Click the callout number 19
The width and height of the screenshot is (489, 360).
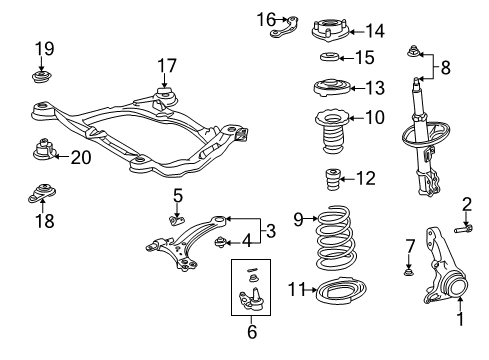tap(44, 48)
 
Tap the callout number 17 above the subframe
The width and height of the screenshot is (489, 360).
tap(165, 66)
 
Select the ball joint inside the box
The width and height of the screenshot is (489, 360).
tap(253, 298)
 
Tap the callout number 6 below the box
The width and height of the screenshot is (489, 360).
tap(253, 331)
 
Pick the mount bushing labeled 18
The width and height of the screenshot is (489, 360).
tap(43, 193)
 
